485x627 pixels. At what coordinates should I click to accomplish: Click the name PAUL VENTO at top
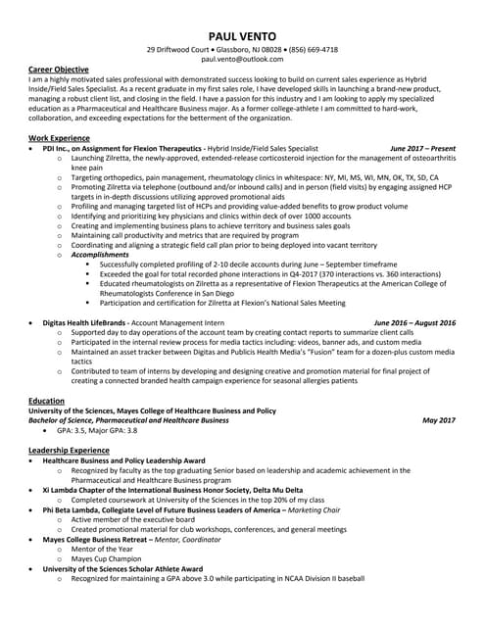pos(242,35)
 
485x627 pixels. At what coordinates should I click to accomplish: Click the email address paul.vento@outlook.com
pos(242,60)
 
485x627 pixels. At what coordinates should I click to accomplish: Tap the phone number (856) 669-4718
pos(311,49)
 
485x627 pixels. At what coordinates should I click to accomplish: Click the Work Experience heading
pos(60,138)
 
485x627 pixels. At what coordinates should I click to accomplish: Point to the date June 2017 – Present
pos(422,148)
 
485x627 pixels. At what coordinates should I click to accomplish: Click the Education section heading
pos(47,401)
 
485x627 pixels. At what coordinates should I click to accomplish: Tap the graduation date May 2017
pos(439,419)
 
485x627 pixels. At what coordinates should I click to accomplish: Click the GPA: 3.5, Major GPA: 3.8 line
pos(97,429)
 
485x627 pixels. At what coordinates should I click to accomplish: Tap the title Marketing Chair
pos(314,509)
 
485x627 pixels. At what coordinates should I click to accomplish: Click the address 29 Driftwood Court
pos(178,49)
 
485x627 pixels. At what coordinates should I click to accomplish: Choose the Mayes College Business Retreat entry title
pos(102,539)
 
